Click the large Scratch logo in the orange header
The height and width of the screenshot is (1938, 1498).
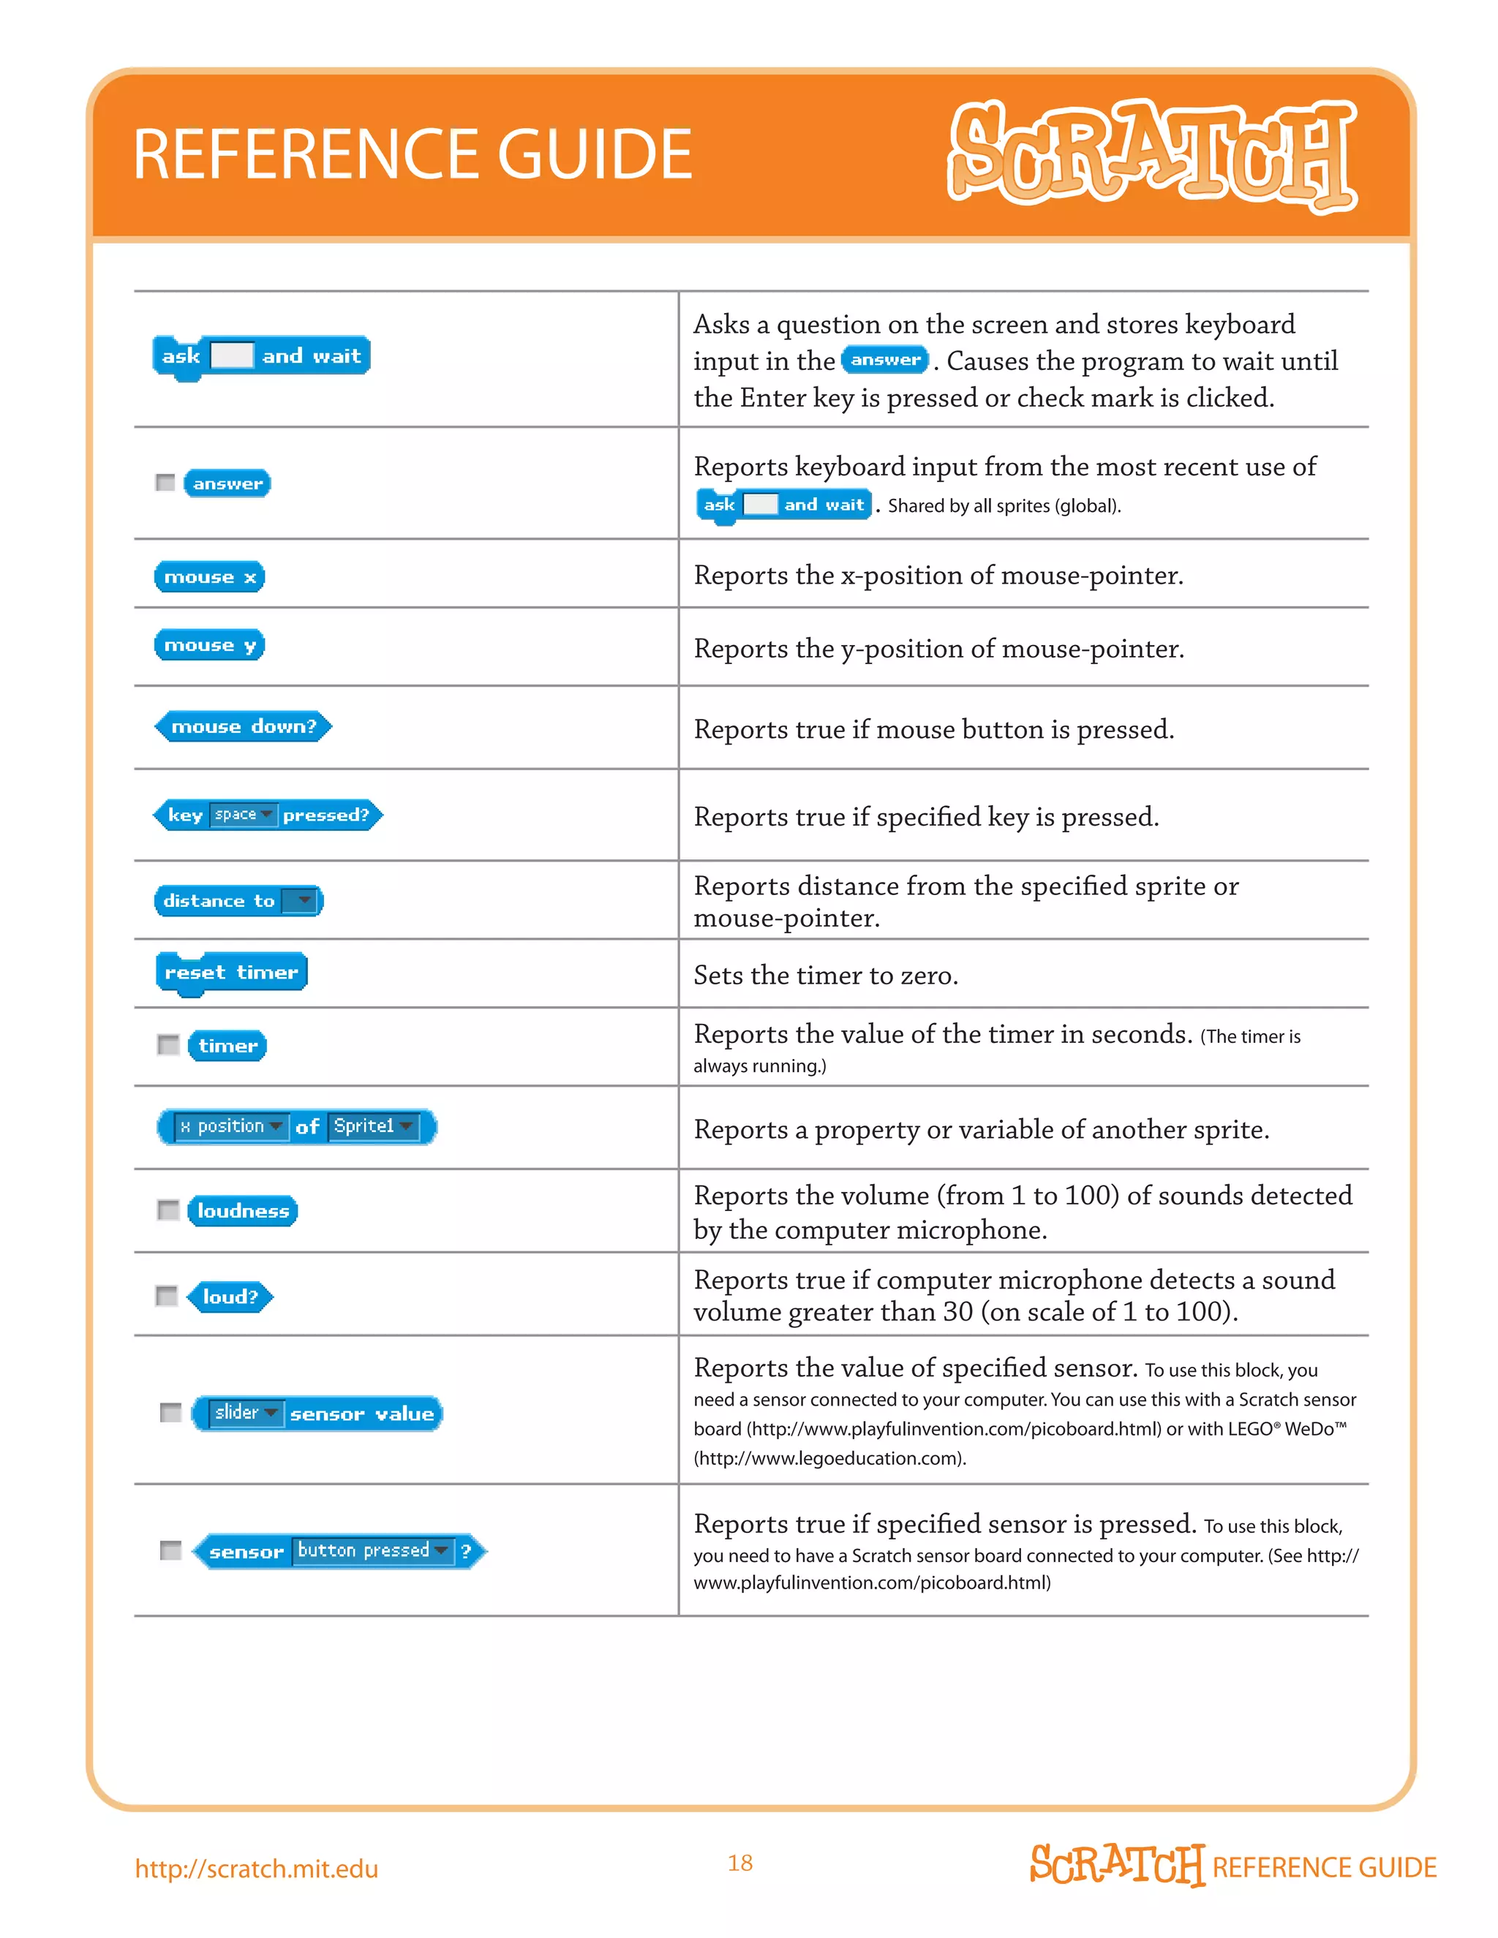click(x=1152, y=155)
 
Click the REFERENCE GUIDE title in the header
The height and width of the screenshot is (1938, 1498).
click(x=412, y=154)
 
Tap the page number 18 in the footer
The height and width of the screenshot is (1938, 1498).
click(x=740, y=1863)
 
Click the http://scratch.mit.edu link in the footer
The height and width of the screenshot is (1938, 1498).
click(x=257, y=1868)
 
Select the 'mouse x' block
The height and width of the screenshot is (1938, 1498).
click(x=209, y=577)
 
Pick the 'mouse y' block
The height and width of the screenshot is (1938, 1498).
click(x=209, y=645)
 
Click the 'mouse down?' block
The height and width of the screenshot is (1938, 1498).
click(x=243, y=727)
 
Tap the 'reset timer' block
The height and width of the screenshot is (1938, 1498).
click(x=230, y=973)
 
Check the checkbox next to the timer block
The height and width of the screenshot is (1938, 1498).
click(x=168, y=1044)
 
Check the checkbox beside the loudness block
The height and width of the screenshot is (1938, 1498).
click(x=168, y=1210)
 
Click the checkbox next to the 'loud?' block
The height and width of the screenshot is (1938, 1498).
click(x=166, y=1296)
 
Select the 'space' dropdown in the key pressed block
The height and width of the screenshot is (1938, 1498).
click(x=242, y=815)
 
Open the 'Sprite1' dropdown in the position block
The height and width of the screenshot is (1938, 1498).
click(x=373, y=1126)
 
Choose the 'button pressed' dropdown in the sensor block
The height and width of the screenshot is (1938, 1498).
click(x=372, y=1550)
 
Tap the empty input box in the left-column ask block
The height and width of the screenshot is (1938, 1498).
click(x=232, y=356)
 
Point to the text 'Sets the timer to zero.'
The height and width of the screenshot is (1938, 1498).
click(x=825, y=975)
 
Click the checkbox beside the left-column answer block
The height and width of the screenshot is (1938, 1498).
click(x=165, y=482)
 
